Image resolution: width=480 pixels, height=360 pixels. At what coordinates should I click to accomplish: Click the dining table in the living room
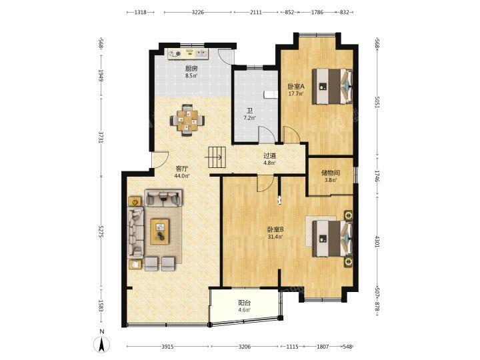point(187,120)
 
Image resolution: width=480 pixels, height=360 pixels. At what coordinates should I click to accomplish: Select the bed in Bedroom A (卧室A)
point(332,86)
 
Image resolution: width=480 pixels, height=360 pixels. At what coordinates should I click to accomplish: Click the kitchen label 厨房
point(191,69)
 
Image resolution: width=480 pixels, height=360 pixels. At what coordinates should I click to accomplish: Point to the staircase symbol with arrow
point(217,157)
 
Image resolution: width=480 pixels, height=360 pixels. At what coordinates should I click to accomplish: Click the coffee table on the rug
point(160,231)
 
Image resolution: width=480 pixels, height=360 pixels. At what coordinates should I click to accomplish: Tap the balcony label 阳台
point(245,303)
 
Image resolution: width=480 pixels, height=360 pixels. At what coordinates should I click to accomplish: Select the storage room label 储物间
point(331,173)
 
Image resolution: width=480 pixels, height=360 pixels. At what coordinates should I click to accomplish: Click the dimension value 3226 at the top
point(198,12)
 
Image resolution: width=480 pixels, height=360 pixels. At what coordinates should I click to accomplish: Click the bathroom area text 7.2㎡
point(250,117)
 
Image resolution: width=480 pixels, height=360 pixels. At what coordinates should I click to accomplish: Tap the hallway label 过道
point(270,155)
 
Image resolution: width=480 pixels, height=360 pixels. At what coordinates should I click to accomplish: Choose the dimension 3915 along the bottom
point(168,347)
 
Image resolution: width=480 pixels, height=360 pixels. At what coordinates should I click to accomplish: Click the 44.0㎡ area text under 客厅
point(182,176)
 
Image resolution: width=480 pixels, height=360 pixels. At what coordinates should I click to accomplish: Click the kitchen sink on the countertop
point(201,53)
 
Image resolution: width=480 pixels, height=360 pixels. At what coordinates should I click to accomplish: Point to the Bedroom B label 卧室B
point(275,229)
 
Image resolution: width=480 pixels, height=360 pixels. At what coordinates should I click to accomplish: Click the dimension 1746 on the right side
point(377,176)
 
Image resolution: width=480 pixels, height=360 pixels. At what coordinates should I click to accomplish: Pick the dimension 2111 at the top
point(256,12)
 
